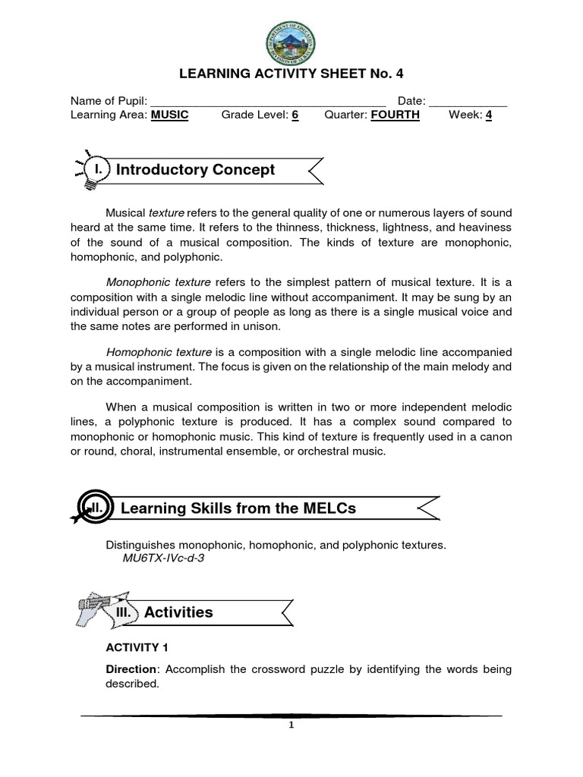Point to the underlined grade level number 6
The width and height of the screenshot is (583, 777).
[295, 115]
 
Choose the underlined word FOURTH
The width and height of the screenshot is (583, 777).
[395, 115]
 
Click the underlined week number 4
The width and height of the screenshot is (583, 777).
[489, 115]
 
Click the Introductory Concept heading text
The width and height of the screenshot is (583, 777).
[195, 170]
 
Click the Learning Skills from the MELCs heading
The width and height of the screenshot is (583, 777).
[238, 508]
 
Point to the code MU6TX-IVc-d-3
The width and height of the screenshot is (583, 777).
[163, 558]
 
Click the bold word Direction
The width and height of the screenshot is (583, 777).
[133, 669]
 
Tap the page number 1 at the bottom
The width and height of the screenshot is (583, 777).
[291, 725]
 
